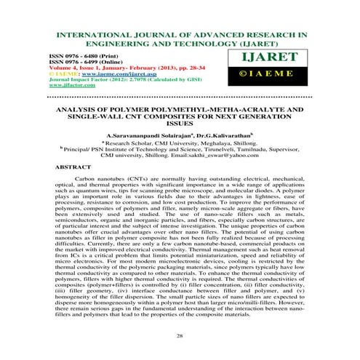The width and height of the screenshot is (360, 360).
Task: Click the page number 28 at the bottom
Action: pos(180,337)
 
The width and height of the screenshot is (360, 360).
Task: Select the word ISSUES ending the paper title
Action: pos(180,124)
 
